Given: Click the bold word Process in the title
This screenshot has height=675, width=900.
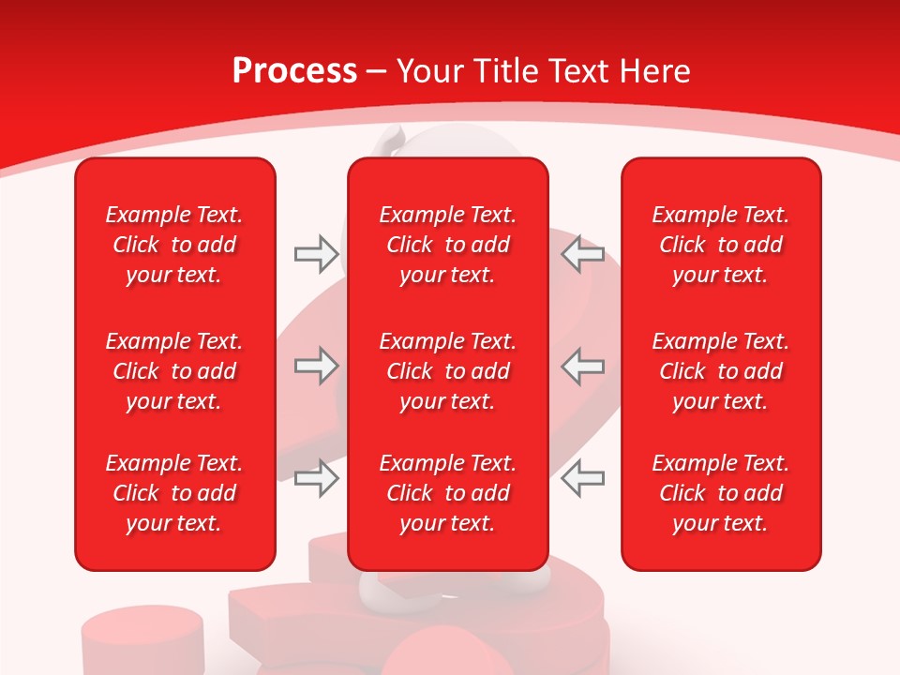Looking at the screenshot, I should [294, 71].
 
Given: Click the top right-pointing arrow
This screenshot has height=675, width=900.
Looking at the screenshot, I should [316, 254].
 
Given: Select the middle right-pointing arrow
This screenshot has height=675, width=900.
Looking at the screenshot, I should [316, 366].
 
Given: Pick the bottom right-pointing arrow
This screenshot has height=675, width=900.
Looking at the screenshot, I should [316, 478].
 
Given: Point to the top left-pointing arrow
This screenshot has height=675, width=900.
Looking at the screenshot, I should [583, 254].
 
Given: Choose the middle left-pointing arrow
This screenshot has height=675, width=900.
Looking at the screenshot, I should [583, 366].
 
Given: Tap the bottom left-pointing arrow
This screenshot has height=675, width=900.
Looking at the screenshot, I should [583, 478].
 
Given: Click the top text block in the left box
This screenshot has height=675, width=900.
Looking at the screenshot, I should [174, 245].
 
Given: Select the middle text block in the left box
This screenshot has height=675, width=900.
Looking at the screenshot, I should [174, 371].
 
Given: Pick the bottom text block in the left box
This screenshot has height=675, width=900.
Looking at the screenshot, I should [174, 493].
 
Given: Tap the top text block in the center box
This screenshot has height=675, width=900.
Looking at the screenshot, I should [447, 245].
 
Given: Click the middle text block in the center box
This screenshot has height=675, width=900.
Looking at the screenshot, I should [447, 371].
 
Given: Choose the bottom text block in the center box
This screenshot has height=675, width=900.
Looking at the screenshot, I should [447, 493].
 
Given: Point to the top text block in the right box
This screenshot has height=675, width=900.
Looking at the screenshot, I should [720, 245].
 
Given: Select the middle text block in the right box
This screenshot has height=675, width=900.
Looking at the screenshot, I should [720, 371].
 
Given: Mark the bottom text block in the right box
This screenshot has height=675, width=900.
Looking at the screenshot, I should [720, 493].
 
